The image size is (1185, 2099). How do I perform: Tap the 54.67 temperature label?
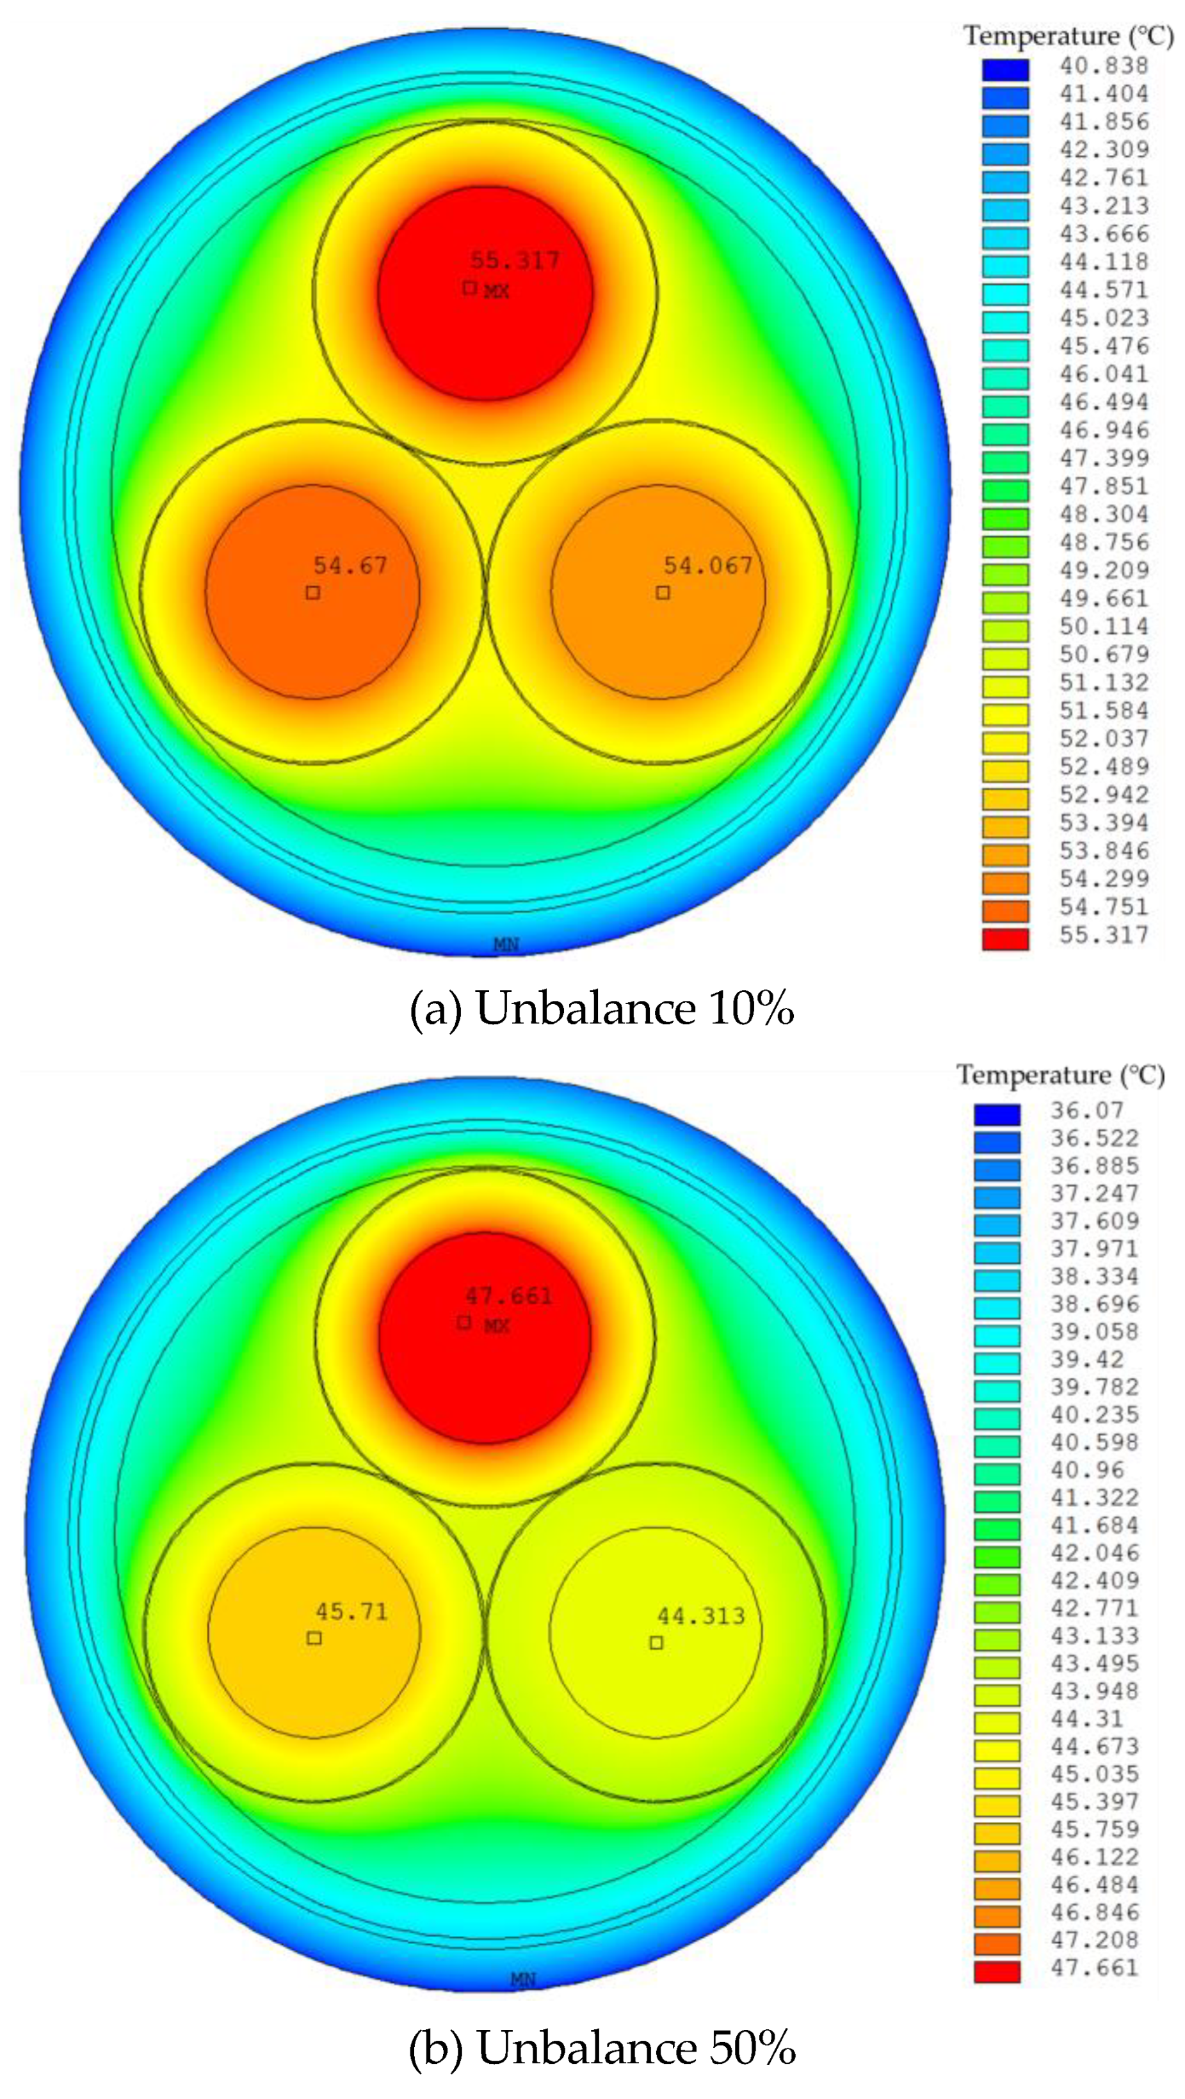point(350,566)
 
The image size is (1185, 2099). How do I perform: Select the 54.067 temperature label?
point(707,566)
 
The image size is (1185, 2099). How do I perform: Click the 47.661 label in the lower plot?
point(508,1296)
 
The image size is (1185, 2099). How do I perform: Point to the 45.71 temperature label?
point(351,1612)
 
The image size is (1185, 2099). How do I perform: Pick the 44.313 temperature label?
point(701,1616)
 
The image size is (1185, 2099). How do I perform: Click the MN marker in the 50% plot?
point(523,1979)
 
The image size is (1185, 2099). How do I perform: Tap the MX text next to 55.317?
point(496,291)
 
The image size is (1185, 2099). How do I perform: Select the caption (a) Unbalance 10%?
point(602,1009)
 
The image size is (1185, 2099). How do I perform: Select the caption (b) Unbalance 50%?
point(602,2048)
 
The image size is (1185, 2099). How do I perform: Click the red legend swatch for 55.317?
point(1005,939)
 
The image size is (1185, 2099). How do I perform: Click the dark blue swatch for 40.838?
point(1005,69)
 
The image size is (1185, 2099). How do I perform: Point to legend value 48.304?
point(1104,514)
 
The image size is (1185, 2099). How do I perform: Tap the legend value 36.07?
point(1086,1110)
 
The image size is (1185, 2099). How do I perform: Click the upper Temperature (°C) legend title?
point(1068,36)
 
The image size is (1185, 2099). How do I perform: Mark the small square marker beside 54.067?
point(663,593)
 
